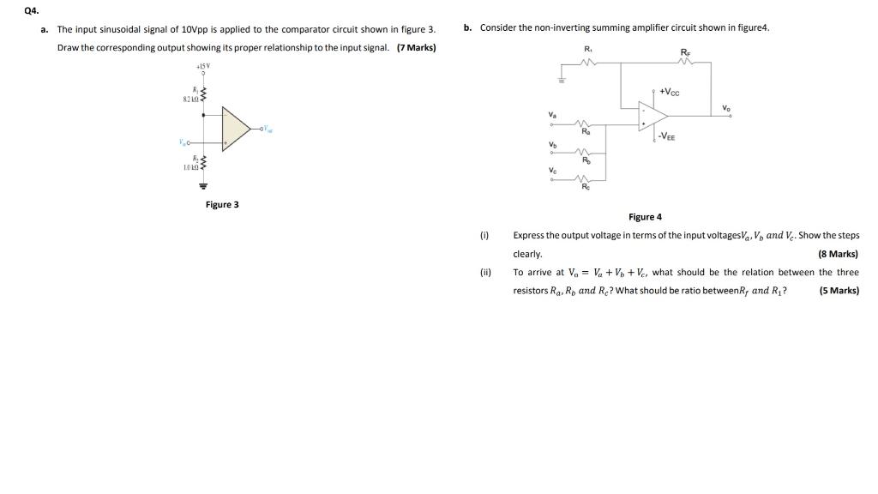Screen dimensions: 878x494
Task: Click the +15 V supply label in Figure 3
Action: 203,66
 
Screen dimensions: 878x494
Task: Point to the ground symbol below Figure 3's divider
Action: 204,185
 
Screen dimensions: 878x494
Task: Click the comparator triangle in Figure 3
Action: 235,130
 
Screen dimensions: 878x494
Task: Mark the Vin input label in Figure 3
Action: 183,142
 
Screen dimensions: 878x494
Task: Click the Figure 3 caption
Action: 222,204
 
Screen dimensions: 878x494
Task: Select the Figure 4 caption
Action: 645,217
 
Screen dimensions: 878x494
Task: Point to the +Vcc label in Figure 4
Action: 670,91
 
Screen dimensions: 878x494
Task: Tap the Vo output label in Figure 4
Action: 726,108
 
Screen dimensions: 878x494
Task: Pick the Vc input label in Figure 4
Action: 552,171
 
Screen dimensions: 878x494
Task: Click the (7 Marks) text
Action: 416,46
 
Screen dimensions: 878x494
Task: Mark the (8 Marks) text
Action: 838,254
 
